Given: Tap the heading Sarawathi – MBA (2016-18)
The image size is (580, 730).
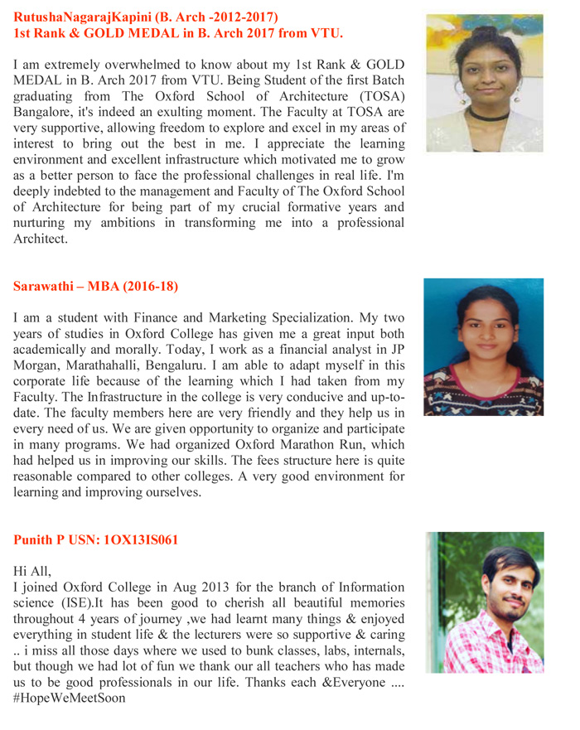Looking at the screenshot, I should point(95,287).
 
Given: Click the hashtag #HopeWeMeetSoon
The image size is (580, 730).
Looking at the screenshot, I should point(70,698).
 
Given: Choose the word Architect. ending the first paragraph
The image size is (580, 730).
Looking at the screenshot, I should point(40,239).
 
